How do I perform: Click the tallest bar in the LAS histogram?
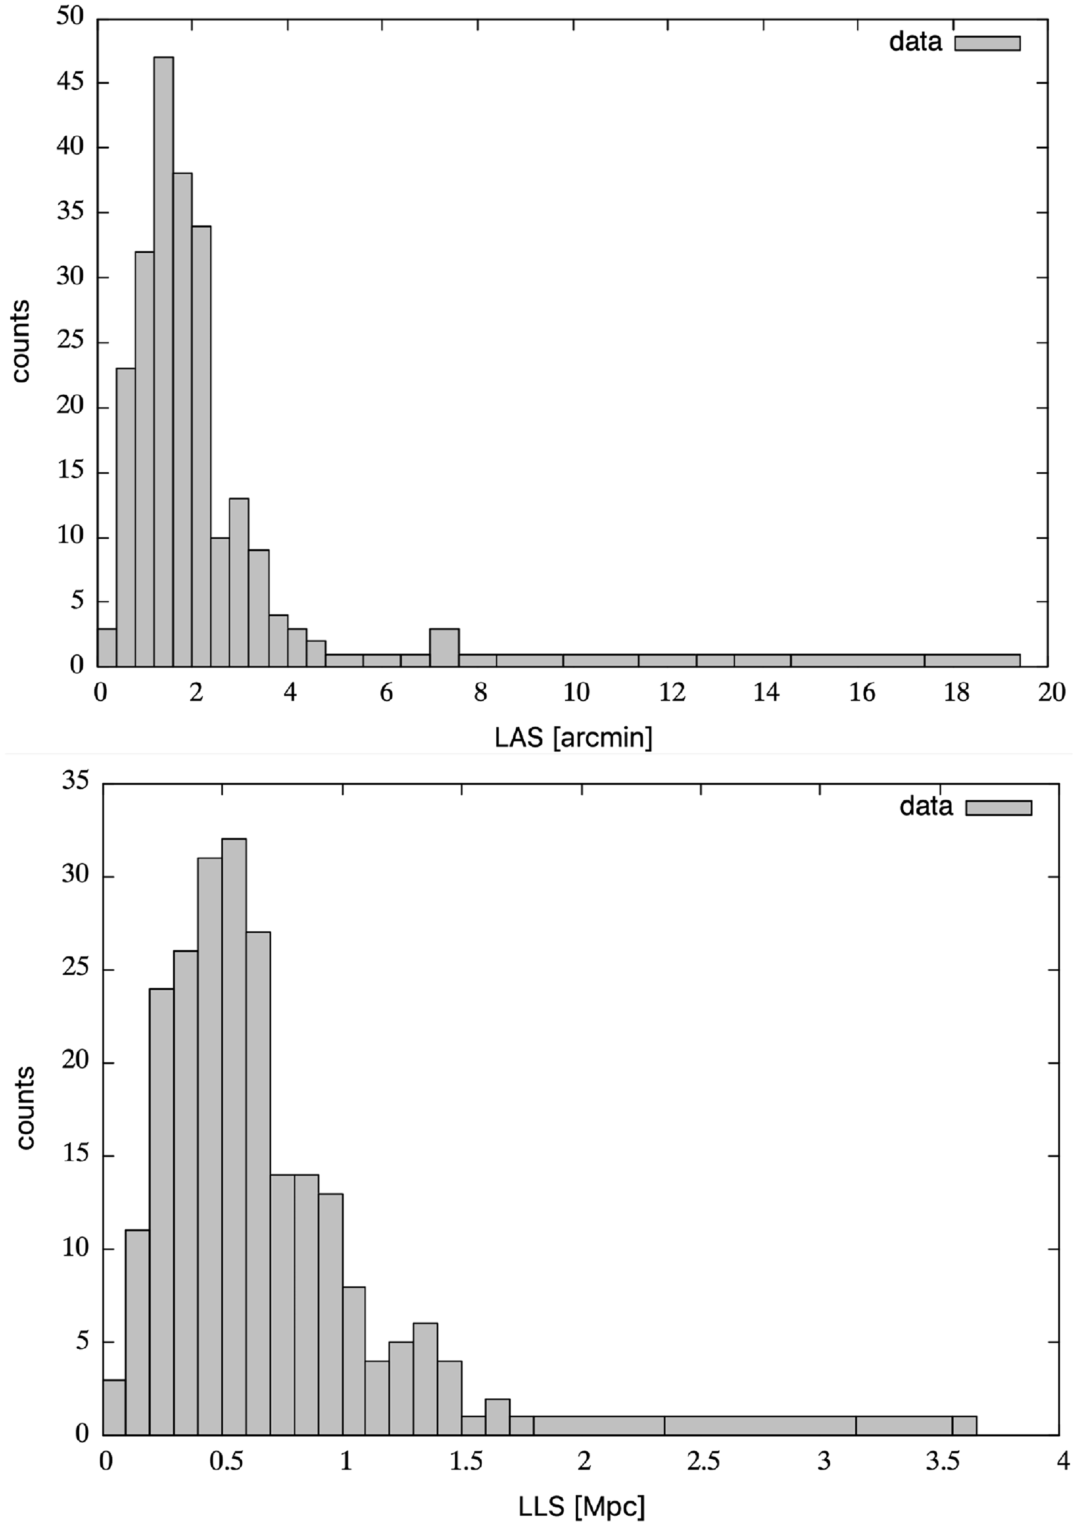[163, 362]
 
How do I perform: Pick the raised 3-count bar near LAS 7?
[444, 647]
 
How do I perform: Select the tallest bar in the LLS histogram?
[234, 1137]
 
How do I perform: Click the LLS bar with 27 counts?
[258, 1183]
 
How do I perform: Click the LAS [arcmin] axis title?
[573, 737]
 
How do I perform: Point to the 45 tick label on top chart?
[70, 82]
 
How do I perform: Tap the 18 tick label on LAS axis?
[956, 693]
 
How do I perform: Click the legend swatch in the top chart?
[987, 43]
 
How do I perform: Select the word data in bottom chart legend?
[926, 806]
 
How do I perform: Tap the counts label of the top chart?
[21, 341]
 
